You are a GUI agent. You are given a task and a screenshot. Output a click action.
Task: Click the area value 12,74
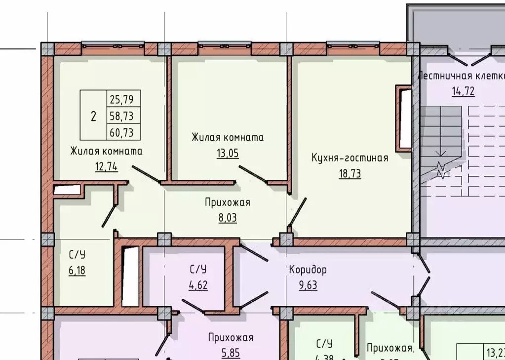106,166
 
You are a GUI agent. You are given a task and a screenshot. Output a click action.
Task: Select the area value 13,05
227,153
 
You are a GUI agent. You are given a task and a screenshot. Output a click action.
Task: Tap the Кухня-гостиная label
350,158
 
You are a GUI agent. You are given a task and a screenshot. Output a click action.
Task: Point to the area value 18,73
350,173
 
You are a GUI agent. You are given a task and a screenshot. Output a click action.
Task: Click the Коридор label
308,270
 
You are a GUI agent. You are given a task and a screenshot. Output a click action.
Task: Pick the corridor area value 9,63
308,285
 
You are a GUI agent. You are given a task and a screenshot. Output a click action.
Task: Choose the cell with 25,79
123,99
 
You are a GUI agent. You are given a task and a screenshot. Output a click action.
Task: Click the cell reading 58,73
123,116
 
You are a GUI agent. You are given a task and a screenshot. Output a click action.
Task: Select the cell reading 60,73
123,132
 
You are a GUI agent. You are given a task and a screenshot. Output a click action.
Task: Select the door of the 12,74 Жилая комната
146,174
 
